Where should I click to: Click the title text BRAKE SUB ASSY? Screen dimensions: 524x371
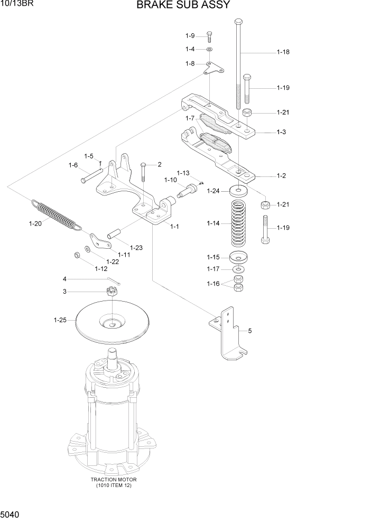point(183,6)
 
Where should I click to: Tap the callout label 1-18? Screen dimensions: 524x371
point(283,52)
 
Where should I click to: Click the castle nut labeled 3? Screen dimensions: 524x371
point(113,291)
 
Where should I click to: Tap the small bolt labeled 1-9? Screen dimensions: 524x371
point(209,36)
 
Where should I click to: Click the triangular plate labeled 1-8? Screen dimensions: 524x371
point(214,68)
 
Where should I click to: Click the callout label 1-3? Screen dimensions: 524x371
point(281,132)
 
